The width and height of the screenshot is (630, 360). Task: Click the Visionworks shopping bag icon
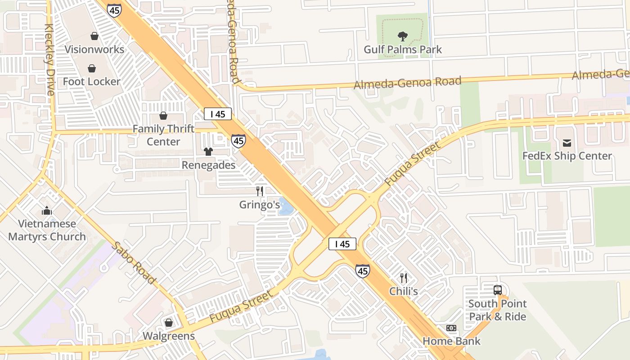click(94, 36)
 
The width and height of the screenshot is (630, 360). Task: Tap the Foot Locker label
click(92, 81)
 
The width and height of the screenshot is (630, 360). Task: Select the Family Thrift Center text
click(163, 135)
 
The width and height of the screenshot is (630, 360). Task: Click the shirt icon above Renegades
click(208, 152)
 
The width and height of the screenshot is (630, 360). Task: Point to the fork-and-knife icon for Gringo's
click(260, 191)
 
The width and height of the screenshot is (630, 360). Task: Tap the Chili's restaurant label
click(404, 291)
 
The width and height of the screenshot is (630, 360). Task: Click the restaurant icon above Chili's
click(404, 278)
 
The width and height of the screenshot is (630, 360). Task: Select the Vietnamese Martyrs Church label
click(47, 230)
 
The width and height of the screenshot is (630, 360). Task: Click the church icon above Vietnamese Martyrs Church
click(47, 211)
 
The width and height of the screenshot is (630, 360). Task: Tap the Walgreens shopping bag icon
click(169, 323)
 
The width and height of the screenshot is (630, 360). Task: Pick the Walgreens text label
click(169, 336)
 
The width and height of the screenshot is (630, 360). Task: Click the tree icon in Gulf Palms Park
click(403, 36)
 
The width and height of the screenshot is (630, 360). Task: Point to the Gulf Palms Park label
click(403, 49)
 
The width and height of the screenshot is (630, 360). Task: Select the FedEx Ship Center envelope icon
click(567, 143)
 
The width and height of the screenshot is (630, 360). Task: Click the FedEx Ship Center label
click(567, 156)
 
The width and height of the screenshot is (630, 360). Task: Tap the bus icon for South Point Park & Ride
click(498, 290)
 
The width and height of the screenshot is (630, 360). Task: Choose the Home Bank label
click(451, 341)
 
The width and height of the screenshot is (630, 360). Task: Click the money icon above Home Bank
click(451, 328)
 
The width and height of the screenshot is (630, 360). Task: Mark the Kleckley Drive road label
click(49, 59)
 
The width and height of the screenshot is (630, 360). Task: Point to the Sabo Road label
click(134, 263)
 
